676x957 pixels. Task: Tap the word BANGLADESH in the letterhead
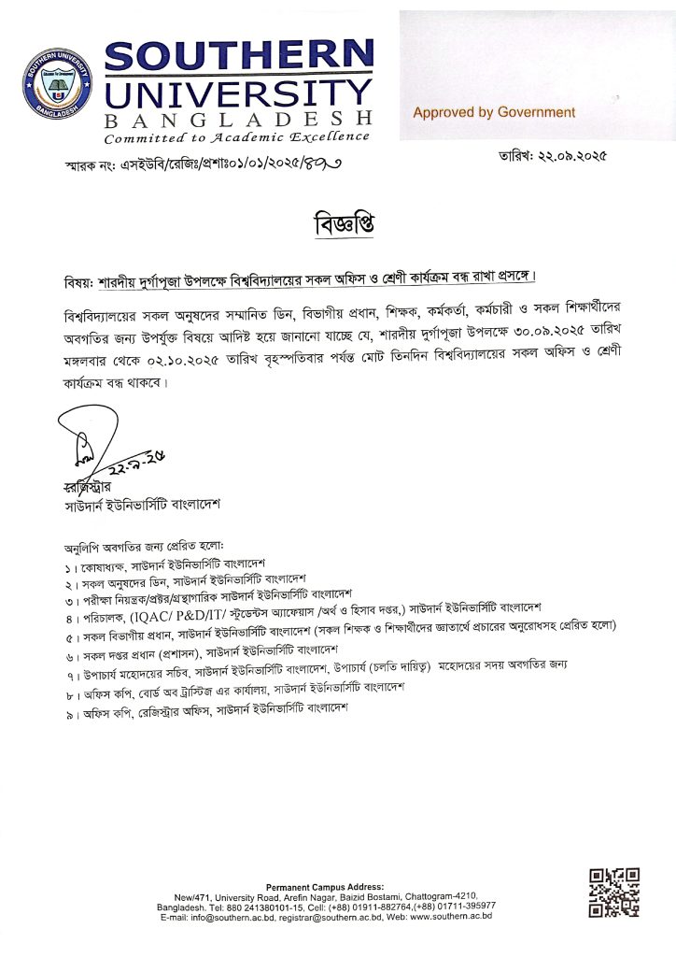click(x=238, y=120)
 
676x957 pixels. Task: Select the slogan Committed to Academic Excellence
click(x=236, y=137)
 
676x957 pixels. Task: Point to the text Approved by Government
click(x=494, y=112)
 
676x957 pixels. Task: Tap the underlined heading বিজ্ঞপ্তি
click(x=338, y=227)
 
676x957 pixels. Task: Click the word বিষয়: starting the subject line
click(x=76, y=279)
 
